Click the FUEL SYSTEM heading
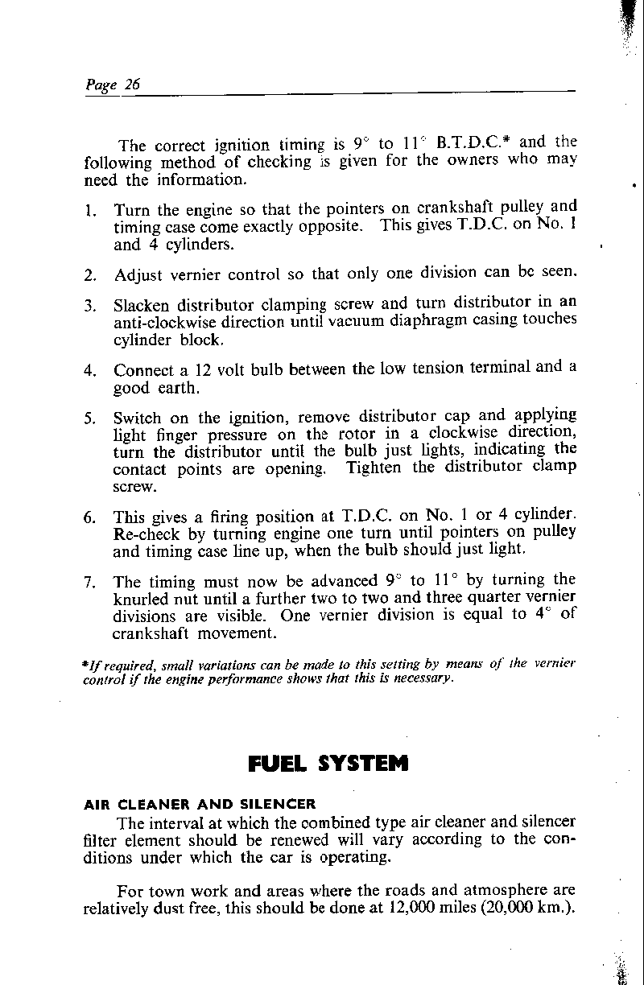pyautogui.click(x=328, y=762)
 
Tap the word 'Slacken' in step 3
pyautogui.click(x=142, y=306)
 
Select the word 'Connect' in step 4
pyautogui.click(x=142, y=371)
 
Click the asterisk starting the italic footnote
pyautogui.click(x=85, y=664)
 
